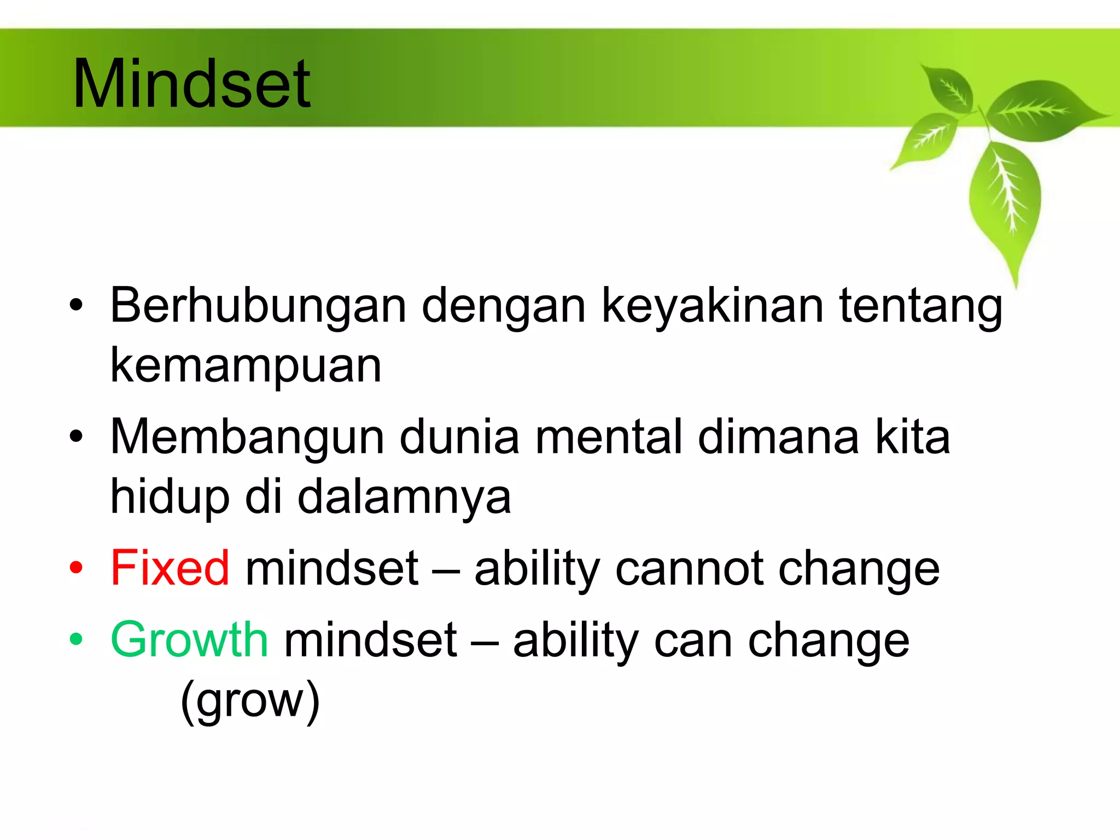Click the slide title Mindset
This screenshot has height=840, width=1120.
coord(191,85)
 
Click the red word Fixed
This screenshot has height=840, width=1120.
coord(170,569)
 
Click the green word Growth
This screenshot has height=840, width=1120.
coord(189,640)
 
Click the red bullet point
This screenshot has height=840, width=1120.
coord(76,568)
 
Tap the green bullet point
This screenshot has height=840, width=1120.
coord(76,639)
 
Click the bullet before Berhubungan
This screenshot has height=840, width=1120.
coord(76,305)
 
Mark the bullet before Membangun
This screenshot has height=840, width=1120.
coord(76,436)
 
